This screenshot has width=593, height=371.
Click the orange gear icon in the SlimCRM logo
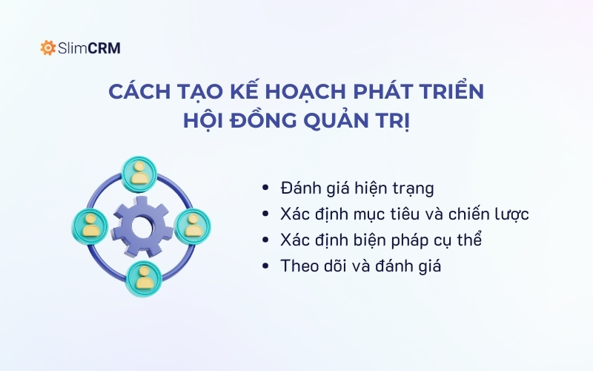click(x=48, y=48)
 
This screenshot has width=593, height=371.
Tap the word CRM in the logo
click(x=104, y=48)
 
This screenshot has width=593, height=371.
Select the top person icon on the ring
click(x=140, y=172)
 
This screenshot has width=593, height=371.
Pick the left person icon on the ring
click(x=90, y=224)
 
